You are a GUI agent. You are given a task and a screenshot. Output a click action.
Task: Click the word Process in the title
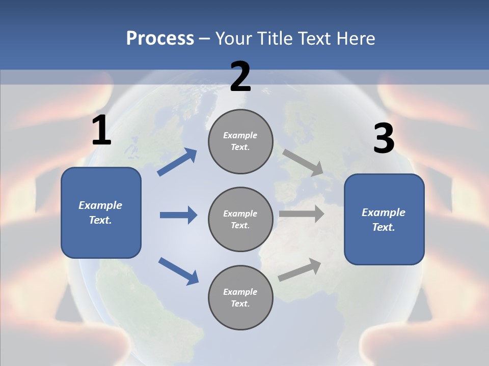pyautogui.click(x=160, y=39)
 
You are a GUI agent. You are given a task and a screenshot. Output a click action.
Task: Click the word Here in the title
pyautogui.click(x=355, y=39)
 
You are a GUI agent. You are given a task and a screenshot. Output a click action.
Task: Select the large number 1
pyautogui.click(x=101, y=131)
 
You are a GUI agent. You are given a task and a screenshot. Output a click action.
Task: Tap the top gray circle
pyautogui.click(x=240, y=141)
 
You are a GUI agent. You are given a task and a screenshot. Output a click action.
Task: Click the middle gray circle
pyautogui.click(x=240, y=219)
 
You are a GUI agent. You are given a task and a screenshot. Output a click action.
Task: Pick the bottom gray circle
pyautogui.click(x=240, y=297)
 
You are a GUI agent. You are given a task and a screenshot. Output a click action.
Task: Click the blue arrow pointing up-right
pyautogui.click(x=177, y=162)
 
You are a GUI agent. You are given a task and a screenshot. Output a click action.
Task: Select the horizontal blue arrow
pyautogui.click(x=178, y=215)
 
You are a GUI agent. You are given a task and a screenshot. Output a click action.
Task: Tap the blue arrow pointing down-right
pyautogui.click(x=178, y=271)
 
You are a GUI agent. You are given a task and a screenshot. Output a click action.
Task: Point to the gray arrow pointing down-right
pyautogui.click(x=303, y=162)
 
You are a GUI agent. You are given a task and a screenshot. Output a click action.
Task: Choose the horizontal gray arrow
pyautogui.click(x=302, y=214)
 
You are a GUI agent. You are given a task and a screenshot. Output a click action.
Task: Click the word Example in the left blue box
pyautogui.click(x=100, y=205)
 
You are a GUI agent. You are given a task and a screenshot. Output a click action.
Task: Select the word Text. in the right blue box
pyautogui.click(x=384, y=227)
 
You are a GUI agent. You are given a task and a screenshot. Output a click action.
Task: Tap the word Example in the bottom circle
pyautogui.click(x=240, y=292)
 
